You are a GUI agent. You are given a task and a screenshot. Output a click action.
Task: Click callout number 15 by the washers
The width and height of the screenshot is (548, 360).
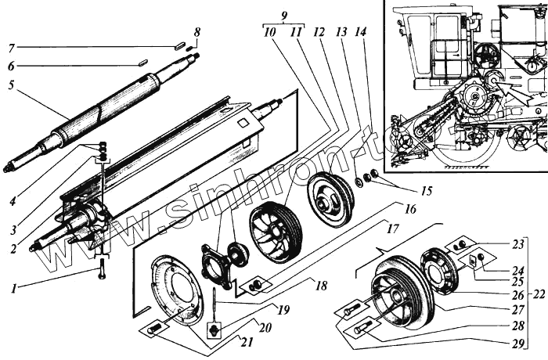[404, 190]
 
